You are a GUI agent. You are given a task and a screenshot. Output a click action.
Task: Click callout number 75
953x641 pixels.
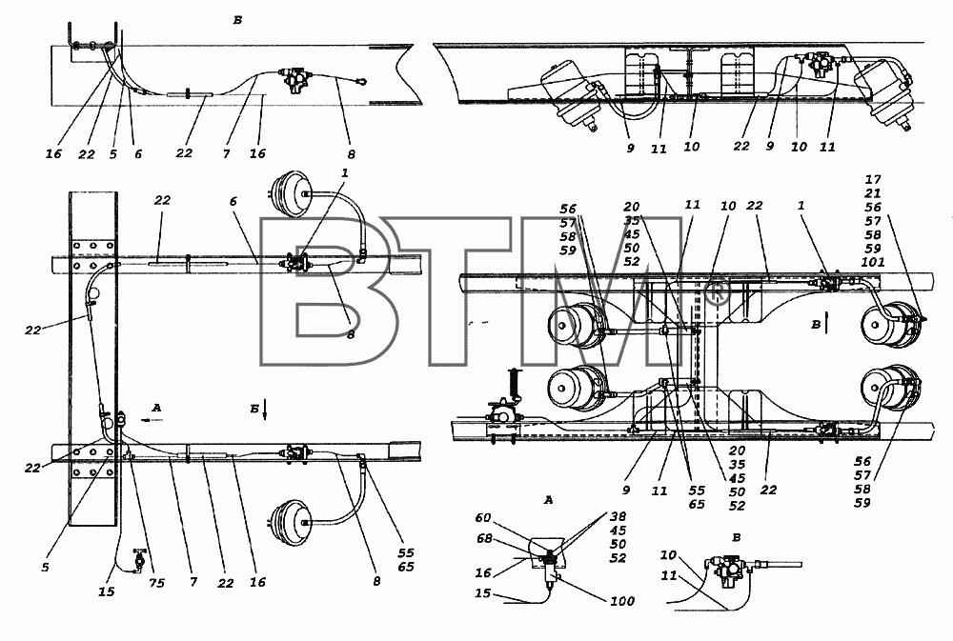[157, 583]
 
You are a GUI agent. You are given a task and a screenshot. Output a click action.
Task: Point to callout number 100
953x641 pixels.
[621, 601]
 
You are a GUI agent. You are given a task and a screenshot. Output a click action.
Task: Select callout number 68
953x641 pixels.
[484, 538]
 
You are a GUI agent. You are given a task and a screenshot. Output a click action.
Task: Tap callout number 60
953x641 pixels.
[482, 518]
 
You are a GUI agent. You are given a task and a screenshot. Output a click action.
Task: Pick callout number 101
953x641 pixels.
[873, 262]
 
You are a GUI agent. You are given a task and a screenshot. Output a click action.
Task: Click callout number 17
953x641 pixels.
[873, 179]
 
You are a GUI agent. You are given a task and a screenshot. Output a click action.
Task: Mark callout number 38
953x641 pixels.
[618, 516]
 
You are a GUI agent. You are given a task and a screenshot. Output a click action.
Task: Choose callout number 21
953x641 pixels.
[873, 193]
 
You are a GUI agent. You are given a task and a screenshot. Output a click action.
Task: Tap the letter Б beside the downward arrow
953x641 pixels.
[254, 409]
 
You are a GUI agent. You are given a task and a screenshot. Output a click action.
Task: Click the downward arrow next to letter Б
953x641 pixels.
[266, 411]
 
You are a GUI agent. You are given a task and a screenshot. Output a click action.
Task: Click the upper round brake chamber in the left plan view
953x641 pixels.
[288, 193]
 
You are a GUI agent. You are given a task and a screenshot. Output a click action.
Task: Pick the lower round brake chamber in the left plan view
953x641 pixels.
[288, 522]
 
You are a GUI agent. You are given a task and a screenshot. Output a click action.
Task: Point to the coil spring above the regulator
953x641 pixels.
[518, 384]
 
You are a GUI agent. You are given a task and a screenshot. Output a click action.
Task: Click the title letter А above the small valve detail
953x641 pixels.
[549, 501]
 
